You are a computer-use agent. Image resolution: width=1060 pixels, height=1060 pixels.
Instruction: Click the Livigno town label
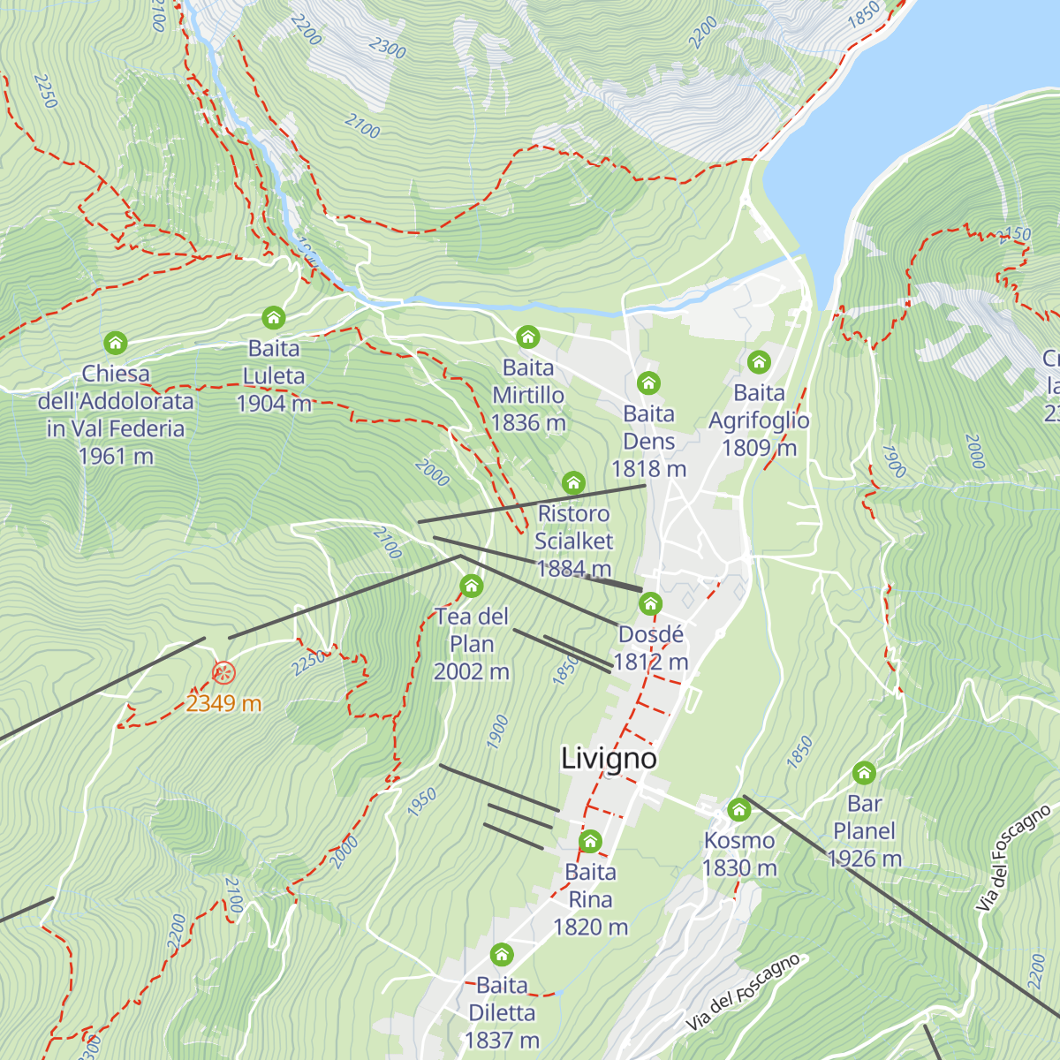(609, 759)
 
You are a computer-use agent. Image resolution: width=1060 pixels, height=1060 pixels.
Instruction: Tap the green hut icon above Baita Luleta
(274, 317)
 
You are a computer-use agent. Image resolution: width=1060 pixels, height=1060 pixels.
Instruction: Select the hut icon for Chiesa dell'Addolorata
(116, 343)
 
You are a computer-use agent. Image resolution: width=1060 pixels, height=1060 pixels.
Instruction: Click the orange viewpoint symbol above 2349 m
(223, 674)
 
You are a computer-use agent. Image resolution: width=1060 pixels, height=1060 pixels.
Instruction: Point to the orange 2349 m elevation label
(223, 704)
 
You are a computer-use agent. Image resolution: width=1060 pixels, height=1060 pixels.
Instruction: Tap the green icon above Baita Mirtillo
(528, 337)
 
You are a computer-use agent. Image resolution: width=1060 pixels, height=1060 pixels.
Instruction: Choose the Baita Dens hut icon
(648, 382)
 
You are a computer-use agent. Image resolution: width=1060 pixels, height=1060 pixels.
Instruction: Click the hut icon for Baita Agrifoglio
(759, 361)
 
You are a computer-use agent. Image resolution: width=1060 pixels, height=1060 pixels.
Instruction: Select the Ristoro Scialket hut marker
(573, 482)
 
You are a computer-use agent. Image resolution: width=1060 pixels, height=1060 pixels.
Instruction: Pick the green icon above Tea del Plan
(472, 586)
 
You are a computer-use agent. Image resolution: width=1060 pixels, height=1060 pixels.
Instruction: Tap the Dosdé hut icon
(651, 604)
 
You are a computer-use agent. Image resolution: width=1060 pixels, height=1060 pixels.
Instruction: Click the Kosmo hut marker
(739, 810)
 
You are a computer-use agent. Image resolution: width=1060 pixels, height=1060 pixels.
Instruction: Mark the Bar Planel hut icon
(864, 773)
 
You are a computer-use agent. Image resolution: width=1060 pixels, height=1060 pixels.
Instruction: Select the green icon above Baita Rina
(590, 841)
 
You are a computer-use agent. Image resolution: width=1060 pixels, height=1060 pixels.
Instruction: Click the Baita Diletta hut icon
(502, 954)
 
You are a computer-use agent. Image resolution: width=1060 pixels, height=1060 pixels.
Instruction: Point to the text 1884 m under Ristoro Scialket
(574, 569)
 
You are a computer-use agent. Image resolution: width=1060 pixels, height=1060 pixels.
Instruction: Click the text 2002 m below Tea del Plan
(472, 672)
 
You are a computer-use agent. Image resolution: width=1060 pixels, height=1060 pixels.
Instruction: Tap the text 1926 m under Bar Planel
(864, 859)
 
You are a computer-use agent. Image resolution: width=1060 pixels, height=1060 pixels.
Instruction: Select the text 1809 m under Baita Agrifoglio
(759, 449)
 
